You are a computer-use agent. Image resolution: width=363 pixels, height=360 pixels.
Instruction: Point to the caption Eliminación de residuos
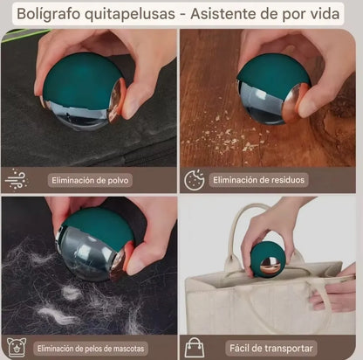point(259,180)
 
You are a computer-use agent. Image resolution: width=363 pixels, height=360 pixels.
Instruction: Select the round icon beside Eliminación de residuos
point(194,180)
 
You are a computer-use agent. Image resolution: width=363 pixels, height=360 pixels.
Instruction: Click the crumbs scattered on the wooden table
point(231,140)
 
